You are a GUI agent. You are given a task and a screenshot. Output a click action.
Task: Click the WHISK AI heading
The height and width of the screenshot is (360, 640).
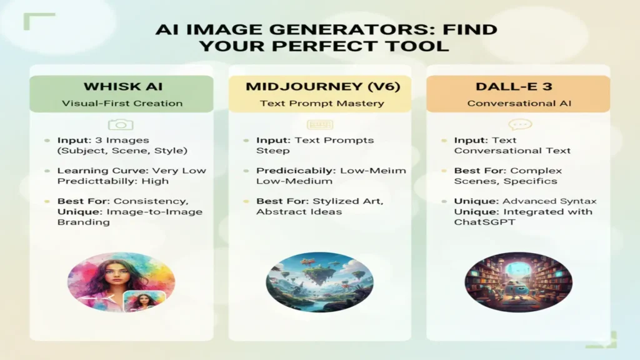click(x=121, y=86)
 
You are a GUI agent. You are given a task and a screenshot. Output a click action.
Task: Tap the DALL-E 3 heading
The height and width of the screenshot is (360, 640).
click(x=517, y=86)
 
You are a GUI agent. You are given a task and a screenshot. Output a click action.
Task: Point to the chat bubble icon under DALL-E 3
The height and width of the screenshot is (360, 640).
click(x=519, y=126)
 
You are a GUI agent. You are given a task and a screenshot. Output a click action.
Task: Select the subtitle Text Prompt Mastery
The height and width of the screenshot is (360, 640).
click(x=322, y=103)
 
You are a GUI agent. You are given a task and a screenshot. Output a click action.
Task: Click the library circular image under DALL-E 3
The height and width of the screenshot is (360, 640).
click(x=518, y=281)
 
